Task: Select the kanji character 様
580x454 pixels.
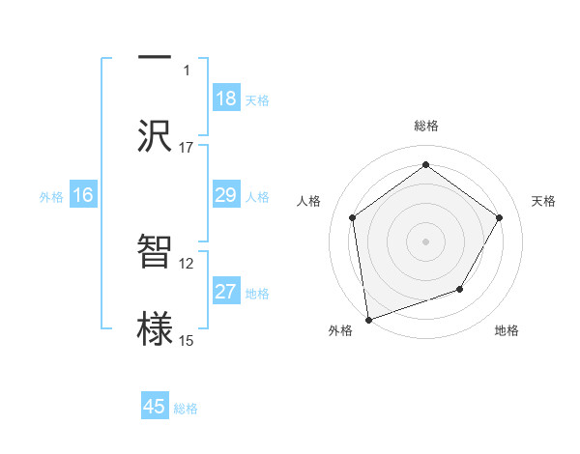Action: click(x=155, y=326)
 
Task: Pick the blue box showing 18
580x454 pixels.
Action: click(x=225, y=99)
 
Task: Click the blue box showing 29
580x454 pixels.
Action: click(x=225, y=195)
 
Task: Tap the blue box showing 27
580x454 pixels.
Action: click(x=225, y=292)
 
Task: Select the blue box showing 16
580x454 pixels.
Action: click(x=83, y=195)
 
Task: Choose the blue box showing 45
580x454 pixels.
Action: click(x=155, y=407)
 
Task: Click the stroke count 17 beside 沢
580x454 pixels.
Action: click(x=187, y=148)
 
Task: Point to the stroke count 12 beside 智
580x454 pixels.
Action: click(x=187, y=263)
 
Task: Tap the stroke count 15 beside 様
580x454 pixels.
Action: click(x=187, y=340)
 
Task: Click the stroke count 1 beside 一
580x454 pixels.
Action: click(x=187, y=70)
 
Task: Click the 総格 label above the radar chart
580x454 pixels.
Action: click(x=426, y=126)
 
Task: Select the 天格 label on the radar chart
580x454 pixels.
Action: click(x=543, y=201)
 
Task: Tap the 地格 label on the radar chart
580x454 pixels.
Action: click(x=507, y=331)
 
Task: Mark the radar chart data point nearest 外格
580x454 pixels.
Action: click(x=368, y=319)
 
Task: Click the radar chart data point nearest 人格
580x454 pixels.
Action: click(x=353, y=217)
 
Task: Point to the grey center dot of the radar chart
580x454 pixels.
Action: click(x=425, y=241)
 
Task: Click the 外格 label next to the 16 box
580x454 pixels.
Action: click(x=51, y=196)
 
